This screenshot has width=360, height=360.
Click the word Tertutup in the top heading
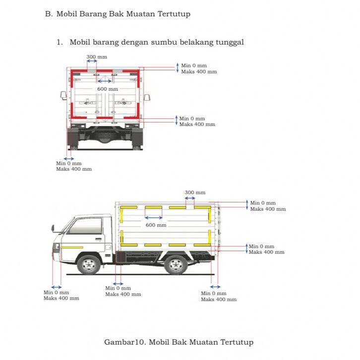point(174,14)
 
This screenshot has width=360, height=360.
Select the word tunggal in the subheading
point(229,42)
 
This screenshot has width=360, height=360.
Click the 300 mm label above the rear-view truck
point(97,57)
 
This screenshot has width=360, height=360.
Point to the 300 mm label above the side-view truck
point(195,192)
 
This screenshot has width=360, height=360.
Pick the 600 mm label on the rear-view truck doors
point(108,89)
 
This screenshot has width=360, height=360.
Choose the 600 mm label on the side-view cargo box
point(156,225)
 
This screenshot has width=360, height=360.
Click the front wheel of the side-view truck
point(89,264)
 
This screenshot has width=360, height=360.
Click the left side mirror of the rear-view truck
point(63,95)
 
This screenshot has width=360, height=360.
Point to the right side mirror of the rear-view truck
point(147,97)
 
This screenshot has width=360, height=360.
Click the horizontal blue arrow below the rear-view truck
point(69,158)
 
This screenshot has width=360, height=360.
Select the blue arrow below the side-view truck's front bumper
point(57,287)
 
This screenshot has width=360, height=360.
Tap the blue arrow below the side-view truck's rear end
point(215,287)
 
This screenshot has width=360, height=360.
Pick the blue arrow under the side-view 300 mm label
point(190,198)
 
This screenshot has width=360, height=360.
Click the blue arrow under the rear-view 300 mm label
point(92,61)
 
